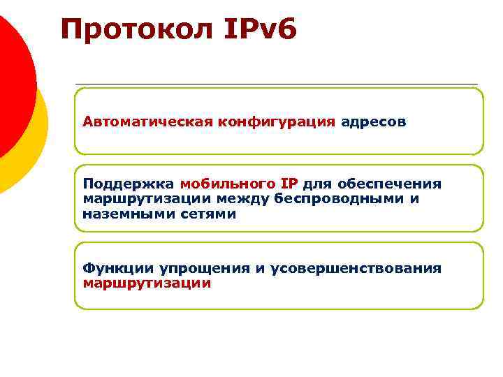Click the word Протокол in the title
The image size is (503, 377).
[138, 29]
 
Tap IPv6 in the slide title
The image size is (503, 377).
[261, 29]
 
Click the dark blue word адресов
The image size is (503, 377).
[373, 121]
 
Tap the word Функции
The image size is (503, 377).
[118, 268]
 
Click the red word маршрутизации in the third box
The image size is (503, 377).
[147, 283]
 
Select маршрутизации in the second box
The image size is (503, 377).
[147, 199]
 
